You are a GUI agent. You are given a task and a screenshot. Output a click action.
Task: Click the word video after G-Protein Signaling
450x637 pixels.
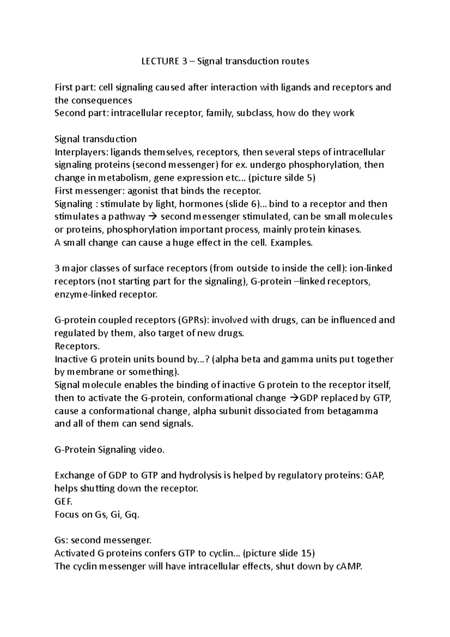151,450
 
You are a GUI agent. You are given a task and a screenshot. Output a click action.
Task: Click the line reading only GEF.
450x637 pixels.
63,502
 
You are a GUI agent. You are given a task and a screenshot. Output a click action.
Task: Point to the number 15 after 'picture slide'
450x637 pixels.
306,553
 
